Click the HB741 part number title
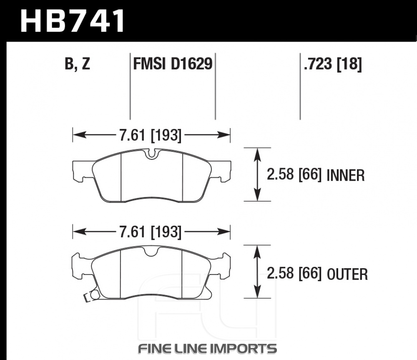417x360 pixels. [x=72, y=21]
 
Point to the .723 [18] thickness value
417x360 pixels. [x=333, y=64]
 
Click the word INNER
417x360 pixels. [x=345, y=176]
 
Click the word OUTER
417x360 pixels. [x=347, y=274]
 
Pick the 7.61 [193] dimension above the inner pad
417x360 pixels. [x=150, y=135]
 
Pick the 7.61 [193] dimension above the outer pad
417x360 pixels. [x=150, y=232]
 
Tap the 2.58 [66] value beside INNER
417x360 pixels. [x=294, y=174]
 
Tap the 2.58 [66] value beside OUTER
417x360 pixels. [x=294, y=273]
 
